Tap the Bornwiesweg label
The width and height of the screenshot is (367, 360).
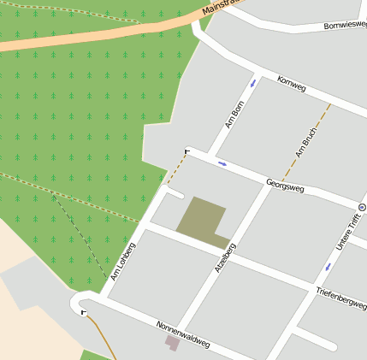point(345,26)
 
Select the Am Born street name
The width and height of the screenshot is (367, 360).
point(234,115)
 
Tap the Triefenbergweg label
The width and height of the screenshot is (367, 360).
point(340,298)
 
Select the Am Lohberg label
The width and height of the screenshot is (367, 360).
point(123,262)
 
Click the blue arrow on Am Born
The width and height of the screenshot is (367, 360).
point(252,84)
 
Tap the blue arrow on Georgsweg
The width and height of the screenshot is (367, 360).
point(222,162)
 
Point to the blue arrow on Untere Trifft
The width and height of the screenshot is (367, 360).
point(327,267)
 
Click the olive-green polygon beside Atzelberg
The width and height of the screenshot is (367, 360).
point(202,218)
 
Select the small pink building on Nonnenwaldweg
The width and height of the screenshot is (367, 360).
point(172,343)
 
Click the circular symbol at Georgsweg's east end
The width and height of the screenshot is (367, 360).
point(362,208)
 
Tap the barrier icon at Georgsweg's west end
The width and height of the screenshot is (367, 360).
point(186,151)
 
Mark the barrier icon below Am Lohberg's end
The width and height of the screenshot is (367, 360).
point(83,313)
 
